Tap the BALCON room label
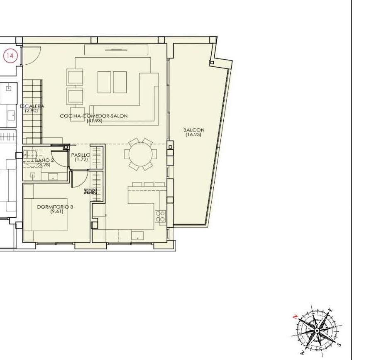(194, 130)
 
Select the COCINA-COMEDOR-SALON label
(94, 116)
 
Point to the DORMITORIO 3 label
(55, 207)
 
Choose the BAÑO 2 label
(45, 160)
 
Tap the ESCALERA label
(32, 106)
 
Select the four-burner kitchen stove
(160, 216)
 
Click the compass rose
(317, 331)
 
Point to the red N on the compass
(295, 316)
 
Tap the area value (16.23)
(194, 134)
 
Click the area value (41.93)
(94, 121)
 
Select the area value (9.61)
(55, 211)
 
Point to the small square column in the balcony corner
(212, 63)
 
